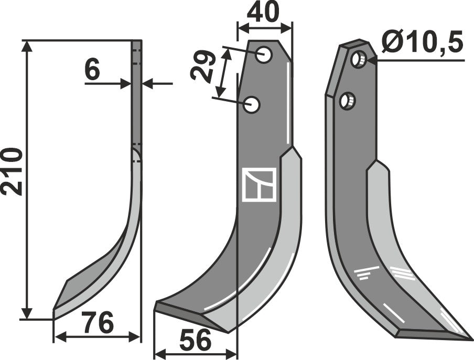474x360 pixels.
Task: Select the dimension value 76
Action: [98, 324]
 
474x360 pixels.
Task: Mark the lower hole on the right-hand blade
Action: [347, 100]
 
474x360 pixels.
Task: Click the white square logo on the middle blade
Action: [259, 184]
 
